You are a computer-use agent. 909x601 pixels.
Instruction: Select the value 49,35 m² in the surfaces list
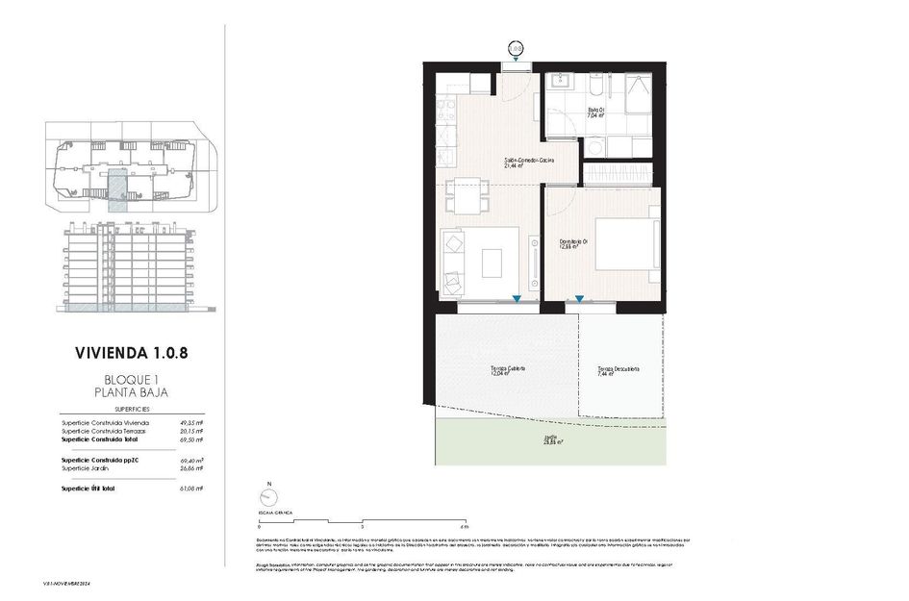tap(191, 422)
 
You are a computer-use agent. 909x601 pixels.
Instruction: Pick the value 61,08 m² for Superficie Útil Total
tap(191, 488)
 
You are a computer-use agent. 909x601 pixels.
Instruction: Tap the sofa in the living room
tap(453, 263)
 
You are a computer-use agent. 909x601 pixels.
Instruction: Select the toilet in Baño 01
tap(596, 91)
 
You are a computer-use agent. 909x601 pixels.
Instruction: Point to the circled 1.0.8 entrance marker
tap(517, 46)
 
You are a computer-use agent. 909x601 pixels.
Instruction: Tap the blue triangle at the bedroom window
tap(579, 299)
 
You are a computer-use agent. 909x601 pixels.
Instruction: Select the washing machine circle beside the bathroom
tap(595, 147)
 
